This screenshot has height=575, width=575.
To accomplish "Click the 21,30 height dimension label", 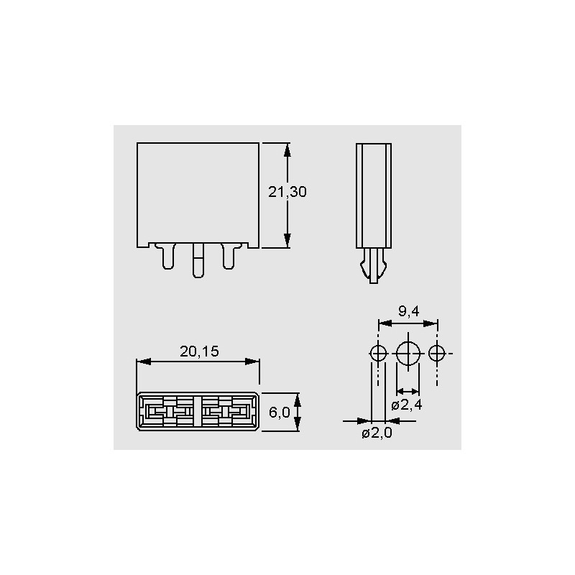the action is (x=287, y=192).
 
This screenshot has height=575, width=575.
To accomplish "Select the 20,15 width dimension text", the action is (x=199, y=351).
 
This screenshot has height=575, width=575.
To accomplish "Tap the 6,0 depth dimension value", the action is (x=279, y=413).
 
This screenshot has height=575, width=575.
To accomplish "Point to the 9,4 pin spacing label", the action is (x=408, y=311).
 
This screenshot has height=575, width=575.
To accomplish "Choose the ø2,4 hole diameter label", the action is (x=407, y=405).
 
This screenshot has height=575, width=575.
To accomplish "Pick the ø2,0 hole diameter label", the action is (x=377, y=433).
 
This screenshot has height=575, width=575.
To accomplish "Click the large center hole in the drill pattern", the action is (x=408, y=354).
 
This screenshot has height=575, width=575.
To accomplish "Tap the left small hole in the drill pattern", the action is (x=378, y=354).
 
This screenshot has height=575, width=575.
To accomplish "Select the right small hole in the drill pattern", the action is (x=437, y=354).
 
